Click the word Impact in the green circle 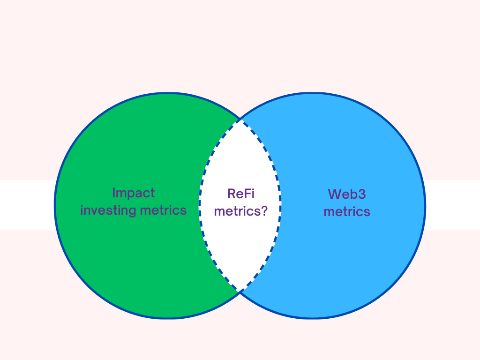pos(134,193)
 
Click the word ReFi pos(240,193)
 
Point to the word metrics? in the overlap pos(240,211)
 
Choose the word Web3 pos(347,194)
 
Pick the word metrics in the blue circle pos(347,211)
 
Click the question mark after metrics pos(264,211)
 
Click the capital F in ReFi pos(246,193)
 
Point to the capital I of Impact pos(114,193)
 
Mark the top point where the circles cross pos(240,119)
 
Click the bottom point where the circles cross pos(240,292)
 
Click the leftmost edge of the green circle pos(55,205)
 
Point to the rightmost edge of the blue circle pos(425,205)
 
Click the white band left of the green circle pos(26,205)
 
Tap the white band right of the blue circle pos(452,205)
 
